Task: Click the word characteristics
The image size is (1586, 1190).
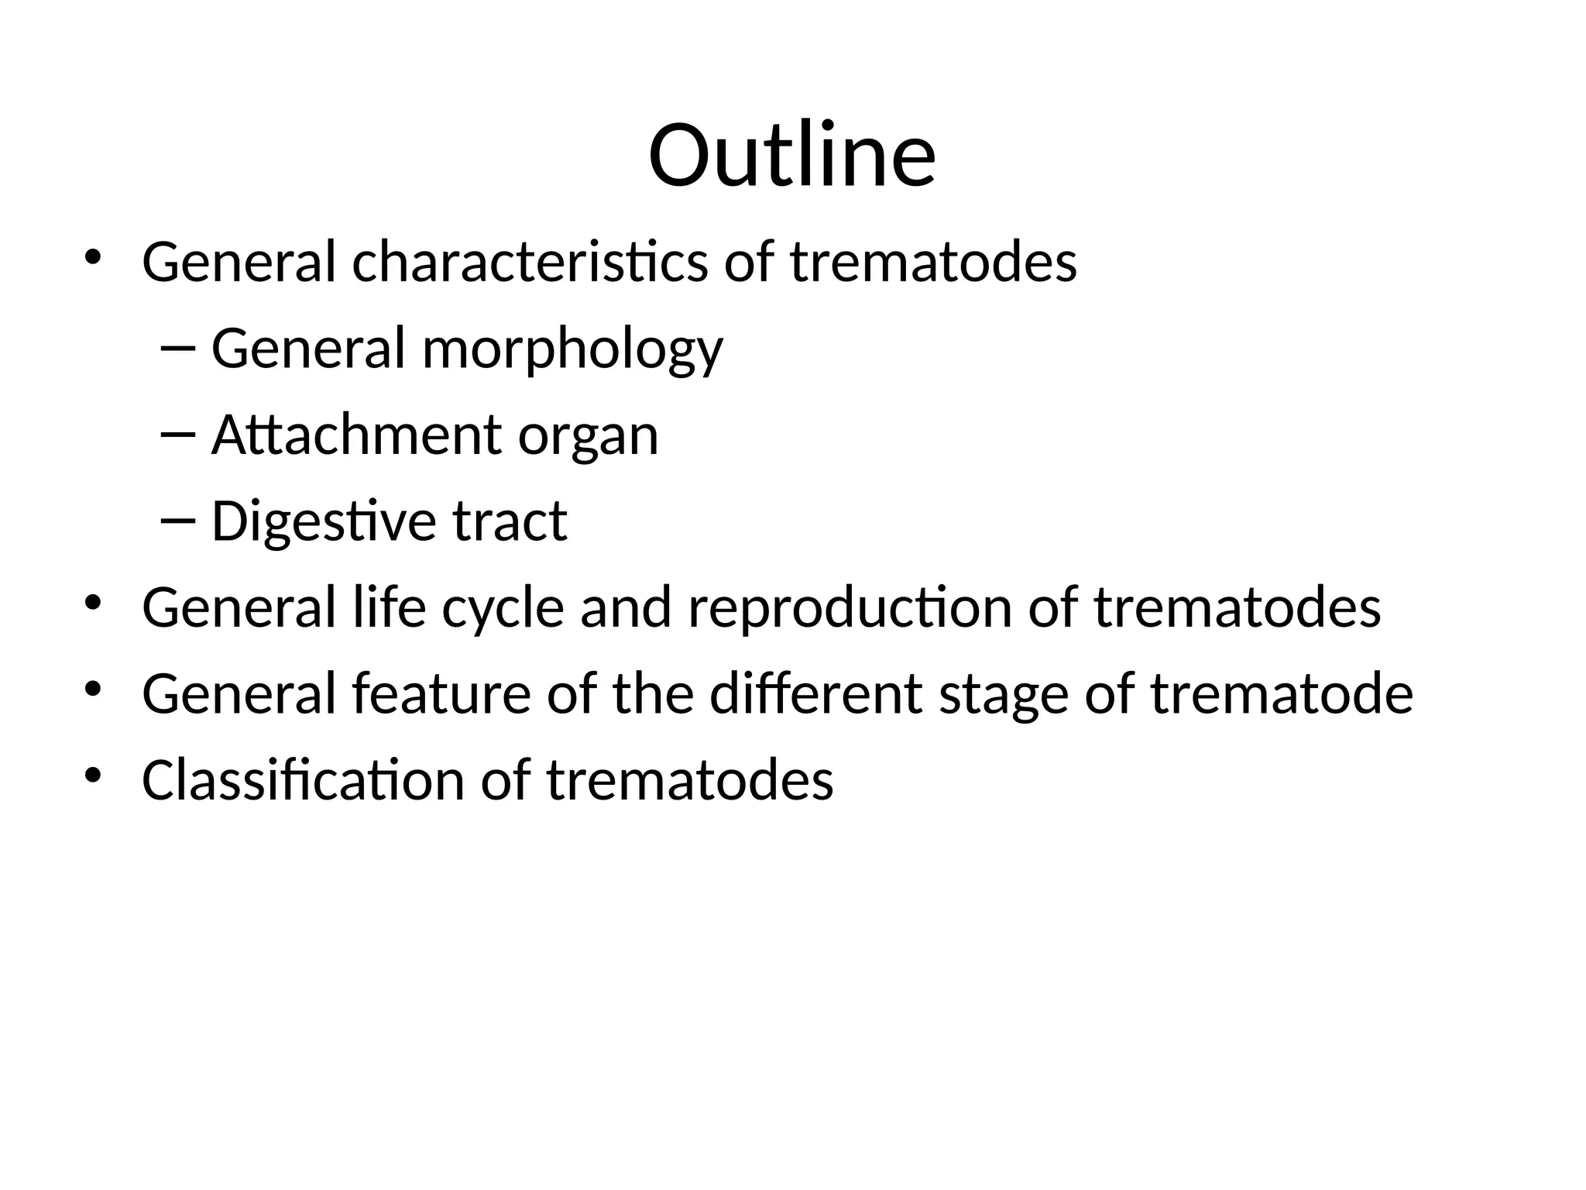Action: coord(530,262)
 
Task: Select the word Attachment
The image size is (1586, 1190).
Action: coord(356,435)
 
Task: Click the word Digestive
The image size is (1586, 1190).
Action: coord(324,521)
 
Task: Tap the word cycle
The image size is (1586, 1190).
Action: coord(503,608)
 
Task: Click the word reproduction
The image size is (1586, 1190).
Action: coord(850,608)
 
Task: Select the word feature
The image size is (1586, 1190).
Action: coord(441,693)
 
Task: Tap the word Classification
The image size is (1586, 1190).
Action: coord(303,779)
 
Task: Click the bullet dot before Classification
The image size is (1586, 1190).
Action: coord(93,775)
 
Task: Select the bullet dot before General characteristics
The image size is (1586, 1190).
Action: coord(93,257)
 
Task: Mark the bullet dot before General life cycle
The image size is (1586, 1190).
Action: coord(93,603)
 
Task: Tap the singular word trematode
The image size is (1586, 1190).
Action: coord(1282,693)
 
